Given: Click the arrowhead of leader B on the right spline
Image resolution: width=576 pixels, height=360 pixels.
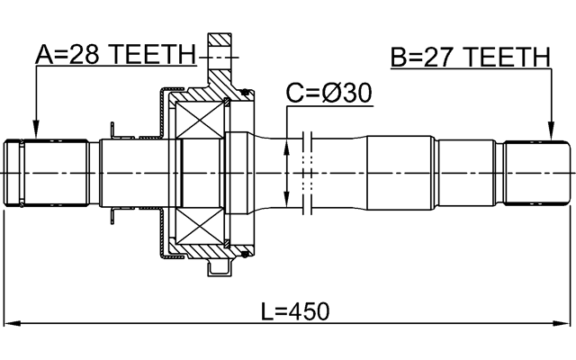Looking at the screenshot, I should [x=548, y=135].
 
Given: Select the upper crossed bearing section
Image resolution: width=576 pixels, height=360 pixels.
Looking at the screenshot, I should [x=202, y=117].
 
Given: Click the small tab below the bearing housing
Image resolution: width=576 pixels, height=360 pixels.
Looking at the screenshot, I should [x=219, y=267].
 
